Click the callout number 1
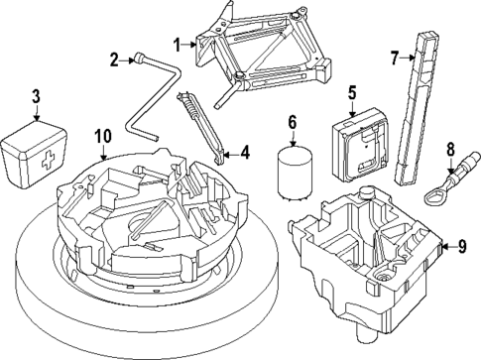coord(178,44)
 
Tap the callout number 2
coord(115,60)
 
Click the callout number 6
coord(292,123)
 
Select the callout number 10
coord(100,136)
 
